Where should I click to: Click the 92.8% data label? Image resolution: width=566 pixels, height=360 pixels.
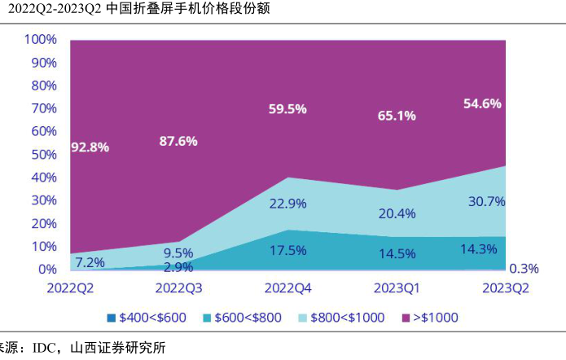point(91,147)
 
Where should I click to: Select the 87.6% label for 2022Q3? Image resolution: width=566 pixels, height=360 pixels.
point(178,141)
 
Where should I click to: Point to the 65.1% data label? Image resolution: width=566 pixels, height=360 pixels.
point(397,116)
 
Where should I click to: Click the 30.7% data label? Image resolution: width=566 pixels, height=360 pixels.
point(487,201)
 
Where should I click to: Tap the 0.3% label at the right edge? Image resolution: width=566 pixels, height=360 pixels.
point(524,269)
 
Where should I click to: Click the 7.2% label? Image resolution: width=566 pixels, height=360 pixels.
point(90,263)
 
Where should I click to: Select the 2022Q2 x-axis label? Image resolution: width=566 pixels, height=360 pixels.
point(71,288)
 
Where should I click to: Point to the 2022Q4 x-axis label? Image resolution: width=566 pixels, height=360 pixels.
point(288,288)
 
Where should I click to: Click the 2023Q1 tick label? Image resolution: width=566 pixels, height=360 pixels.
point(397,288)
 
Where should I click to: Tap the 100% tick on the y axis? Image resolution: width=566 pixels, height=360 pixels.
point(40,40)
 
